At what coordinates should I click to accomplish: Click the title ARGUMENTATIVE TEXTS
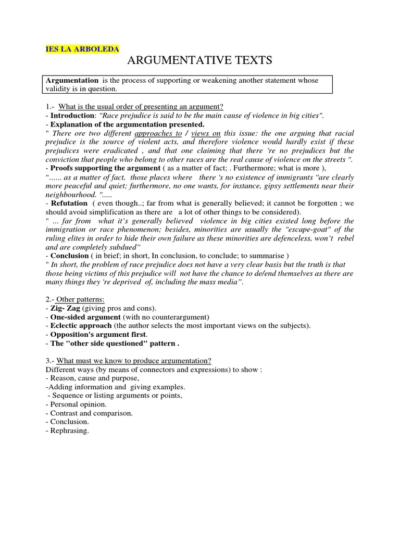pos(200,61)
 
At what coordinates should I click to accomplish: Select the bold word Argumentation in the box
pos(72,80)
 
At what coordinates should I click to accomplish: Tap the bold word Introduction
pos(72,116)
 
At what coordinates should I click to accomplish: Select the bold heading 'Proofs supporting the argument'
pos(105,168)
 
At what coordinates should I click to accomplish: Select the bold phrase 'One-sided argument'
pos(85,318)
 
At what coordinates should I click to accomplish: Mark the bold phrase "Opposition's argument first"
pos(98,335)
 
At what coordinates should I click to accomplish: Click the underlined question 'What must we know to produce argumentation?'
pos(134,361)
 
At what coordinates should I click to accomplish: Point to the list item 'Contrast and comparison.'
pos(91,413)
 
